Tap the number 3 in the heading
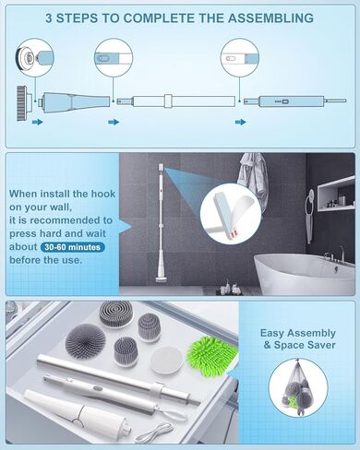point(51,18)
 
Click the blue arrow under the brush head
point(38,121)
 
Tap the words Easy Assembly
point(300,334)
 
